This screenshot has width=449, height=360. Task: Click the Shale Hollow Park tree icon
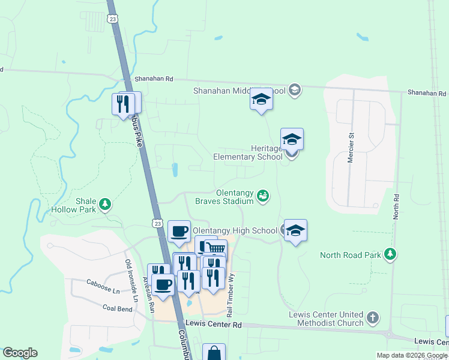[106, 205]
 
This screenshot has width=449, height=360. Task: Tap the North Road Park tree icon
[391, 254]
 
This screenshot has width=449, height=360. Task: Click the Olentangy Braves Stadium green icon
[262, 195]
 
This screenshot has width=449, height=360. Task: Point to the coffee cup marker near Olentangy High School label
[179, 232]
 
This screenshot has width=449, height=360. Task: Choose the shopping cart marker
[215, 248]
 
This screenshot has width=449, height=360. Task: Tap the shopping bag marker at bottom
[214, 353]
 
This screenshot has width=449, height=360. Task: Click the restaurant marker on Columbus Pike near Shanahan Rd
[122, 104]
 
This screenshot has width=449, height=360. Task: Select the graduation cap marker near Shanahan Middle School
[261, 99]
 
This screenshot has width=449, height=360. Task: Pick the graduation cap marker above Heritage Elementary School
[292, 139]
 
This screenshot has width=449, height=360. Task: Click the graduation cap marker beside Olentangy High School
[295, 230]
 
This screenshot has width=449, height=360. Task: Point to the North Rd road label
[396, 206]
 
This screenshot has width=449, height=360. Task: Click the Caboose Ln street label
[103, 283]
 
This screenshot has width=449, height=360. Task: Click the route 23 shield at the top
[113, 19]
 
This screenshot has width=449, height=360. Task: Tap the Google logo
[20, 353]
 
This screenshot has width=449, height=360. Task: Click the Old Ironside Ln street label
[131, 280]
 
